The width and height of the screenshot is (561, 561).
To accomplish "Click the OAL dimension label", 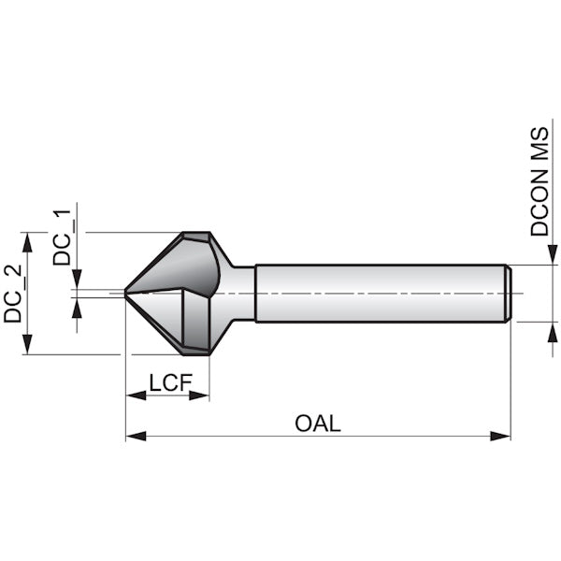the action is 318,424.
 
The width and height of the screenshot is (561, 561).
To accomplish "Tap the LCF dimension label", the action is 171,382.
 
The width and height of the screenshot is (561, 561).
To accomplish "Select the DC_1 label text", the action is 62,237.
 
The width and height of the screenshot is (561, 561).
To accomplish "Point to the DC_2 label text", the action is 13,294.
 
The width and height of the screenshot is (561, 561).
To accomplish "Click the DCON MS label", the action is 539,181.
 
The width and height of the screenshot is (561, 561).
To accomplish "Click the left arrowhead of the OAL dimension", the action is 136,436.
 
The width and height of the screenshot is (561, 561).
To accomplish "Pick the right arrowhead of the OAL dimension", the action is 500,436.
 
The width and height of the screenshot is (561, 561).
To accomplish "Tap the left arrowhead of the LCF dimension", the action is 136,396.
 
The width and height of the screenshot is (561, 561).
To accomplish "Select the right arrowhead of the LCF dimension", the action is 199,396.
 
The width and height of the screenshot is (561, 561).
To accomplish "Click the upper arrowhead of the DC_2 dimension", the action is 27,242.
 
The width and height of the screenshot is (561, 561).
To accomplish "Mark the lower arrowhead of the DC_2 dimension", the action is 27,344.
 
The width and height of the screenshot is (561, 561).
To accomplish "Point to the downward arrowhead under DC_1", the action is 77,279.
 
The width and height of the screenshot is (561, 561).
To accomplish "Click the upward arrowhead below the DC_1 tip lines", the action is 77,308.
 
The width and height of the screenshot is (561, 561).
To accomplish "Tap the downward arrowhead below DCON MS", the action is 553,254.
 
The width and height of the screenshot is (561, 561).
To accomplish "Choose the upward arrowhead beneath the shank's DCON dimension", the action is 553,332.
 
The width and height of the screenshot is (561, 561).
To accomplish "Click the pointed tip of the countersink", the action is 125,293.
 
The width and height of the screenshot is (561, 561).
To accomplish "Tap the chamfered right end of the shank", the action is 509,294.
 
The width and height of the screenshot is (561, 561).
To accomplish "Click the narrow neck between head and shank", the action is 244,294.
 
